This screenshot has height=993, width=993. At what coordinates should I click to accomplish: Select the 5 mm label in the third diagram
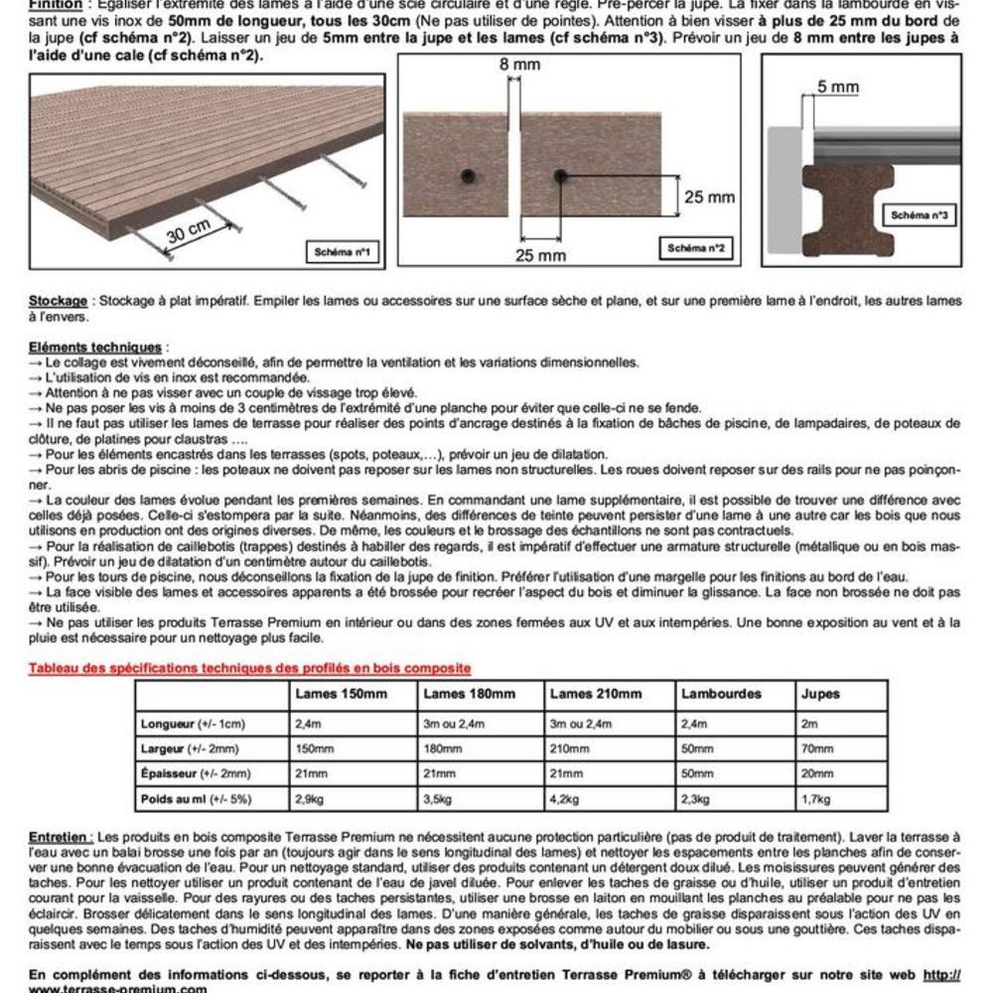point(838,87)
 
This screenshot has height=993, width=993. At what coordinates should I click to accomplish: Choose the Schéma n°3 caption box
point(920,214)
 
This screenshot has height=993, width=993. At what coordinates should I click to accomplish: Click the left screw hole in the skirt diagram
point(467,176)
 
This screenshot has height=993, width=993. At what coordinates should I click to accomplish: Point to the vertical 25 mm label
point(709,198)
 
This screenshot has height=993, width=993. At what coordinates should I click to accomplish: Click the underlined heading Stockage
point(59,300)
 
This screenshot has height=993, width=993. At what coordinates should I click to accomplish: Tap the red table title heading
point(250,668)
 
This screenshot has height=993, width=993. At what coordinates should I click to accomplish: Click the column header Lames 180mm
point(470,693)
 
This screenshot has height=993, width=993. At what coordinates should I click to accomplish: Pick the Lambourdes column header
point(721,693)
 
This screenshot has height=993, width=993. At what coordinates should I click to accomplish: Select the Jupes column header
point(820,693)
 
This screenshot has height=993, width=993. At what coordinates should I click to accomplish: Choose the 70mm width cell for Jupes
point(816,749)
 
